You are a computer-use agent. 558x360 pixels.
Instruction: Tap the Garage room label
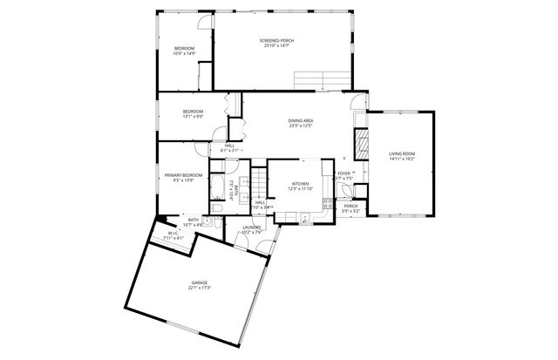click(200, 283)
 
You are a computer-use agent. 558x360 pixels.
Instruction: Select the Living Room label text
click(402, 154)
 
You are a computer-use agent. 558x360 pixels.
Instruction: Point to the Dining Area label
click(301, 120)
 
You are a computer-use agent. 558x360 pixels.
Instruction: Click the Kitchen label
click(300, 184)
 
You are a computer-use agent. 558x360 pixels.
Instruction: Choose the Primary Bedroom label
click(183, 175)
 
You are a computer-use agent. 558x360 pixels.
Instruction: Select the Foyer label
click(344, 173)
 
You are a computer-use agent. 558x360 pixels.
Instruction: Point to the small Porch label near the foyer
click(350, 206)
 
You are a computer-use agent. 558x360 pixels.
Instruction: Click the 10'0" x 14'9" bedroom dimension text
click(183, 53)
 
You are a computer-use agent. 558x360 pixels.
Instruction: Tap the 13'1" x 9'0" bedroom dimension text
click(193, 116)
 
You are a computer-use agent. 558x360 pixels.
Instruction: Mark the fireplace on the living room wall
click(359, 141)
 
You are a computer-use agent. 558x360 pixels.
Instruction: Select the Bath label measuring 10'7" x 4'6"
click(194, 220)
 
